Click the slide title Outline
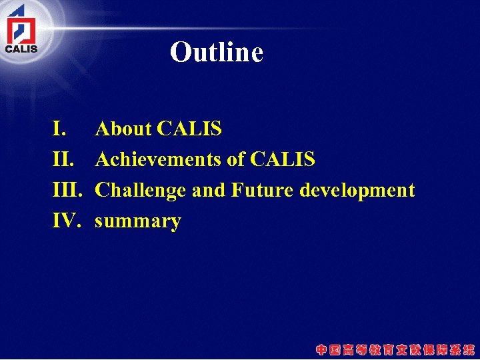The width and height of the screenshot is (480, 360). point(217,52)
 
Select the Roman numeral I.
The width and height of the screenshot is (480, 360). point(59,129)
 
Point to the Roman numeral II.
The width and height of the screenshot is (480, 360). point(63,159)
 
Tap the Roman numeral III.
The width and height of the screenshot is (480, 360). point(67,190)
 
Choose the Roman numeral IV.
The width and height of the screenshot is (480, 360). point(67,221)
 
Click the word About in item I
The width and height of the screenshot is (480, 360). point(123,129)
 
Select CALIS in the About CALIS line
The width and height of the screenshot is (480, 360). point(189,129)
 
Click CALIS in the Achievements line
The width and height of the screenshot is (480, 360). point(283,159)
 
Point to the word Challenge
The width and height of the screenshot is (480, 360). point(141,190)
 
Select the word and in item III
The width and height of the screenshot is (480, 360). point(209,190)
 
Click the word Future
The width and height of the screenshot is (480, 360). point(262,190)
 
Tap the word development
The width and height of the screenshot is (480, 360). point(357,191)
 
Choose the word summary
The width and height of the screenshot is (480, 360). point(138,221)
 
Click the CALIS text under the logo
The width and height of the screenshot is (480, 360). point(21,48)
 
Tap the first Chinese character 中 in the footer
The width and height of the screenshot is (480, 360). point(322,349)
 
